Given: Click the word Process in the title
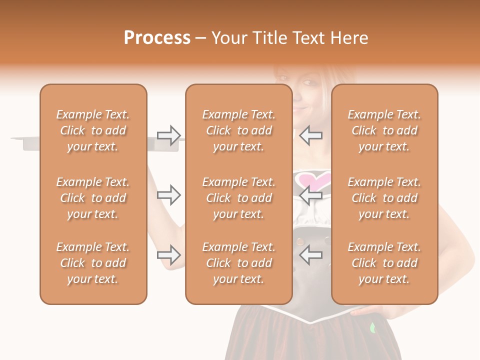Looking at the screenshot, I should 157,38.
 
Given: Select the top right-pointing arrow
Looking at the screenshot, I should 169,135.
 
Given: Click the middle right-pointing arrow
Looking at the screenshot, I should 169,195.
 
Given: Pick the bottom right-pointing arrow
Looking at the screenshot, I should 169,255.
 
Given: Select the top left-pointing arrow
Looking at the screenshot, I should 311,135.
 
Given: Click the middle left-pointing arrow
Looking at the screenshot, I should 311,195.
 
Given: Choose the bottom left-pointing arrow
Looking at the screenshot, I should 311,255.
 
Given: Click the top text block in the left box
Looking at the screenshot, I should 93,130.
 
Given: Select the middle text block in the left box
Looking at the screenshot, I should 93,198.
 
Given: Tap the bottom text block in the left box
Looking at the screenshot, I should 93,263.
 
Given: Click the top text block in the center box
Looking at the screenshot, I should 239,130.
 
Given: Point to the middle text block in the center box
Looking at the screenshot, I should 239,198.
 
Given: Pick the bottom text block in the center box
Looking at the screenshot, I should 239,263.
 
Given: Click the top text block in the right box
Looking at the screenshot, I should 384,130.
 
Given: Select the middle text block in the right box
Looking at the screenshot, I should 384,198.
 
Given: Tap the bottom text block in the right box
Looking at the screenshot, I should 384,263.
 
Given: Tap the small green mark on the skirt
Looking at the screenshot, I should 372,328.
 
